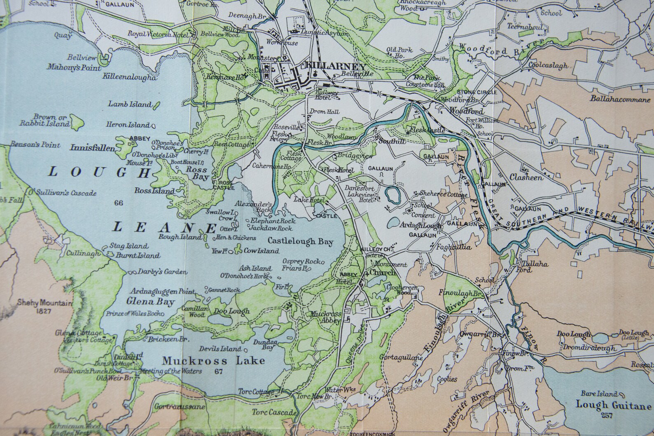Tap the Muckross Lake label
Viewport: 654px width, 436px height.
pyautogui.click(x=213, y=361)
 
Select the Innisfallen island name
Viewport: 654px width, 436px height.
pyautogui.click(x=92, y=148)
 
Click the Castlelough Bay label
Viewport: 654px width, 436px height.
pyautogui.click(x=300, y=241)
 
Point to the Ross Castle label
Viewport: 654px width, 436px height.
pyautogui.click(x=226, y=185)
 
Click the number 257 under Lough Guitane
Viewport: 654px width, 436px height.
pyautogui.click(x=607, y=415)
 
